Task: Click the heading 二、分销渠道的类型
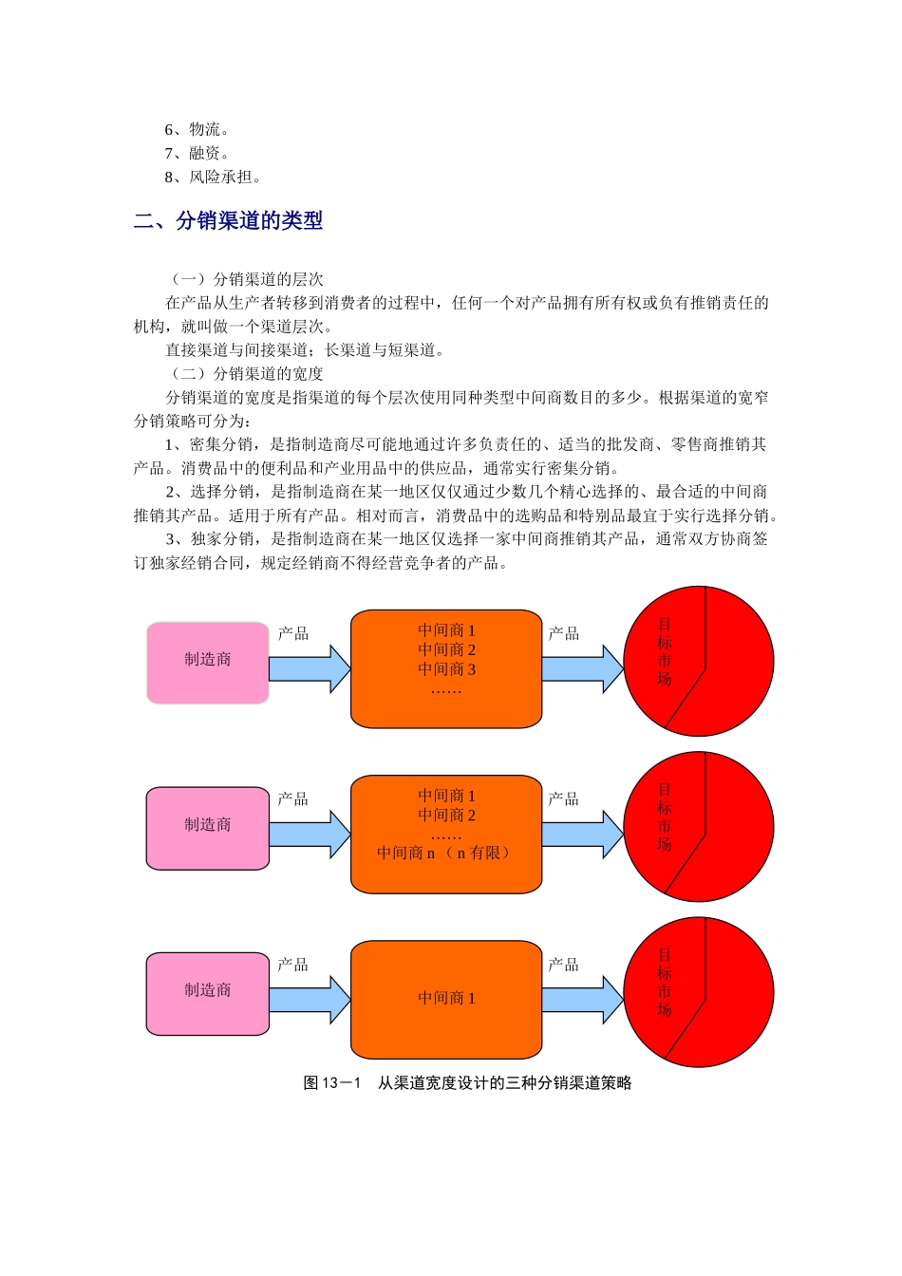(229, 221)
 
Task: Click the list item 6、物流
(197, 130)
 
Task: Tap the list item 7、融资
(197, 154)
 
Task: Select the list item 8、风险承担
(213, 178)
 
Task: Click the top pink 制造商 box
(208, 662)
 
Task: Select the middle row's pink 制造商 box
(208, 827)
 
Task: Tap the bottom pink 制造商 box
(208, 992)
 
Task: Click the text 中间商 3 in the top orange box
(446, 669)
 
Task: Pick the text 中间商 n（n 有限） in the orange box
(445, 853)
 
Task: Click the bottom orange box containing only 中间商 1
(446, 999)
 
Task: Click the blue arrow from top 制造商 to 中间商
(310, 668)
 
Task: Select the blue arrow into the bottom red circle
(582, 999)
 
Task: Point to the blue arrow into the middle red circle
(582, 834)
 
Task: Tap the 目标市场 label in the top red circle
(665, 652)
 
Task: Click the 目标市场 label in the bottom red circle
(665, 983)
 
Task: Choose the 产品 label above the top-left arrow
(293, 633)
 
